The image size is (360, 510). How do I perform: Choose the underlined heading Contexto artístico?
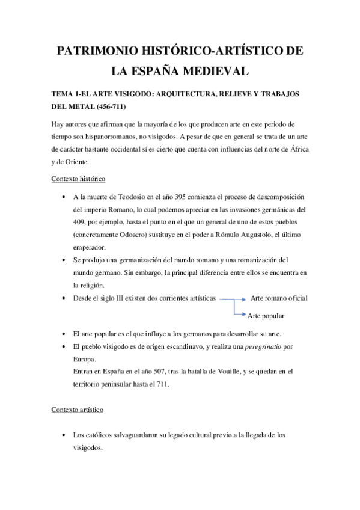[x=78, y=410]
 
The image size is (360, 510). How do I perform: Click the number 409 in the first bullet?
[x=79, y=221]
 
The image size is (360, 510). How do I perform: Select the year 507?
[x=152, y=372]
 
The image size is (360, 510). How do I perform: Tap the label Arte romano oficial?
[x=279, y=298]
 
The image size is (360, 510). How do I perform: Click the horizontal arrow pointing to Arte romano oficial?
[x=232, y=298]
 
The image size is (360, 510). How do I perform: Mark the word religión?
[x=88, y=286]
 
